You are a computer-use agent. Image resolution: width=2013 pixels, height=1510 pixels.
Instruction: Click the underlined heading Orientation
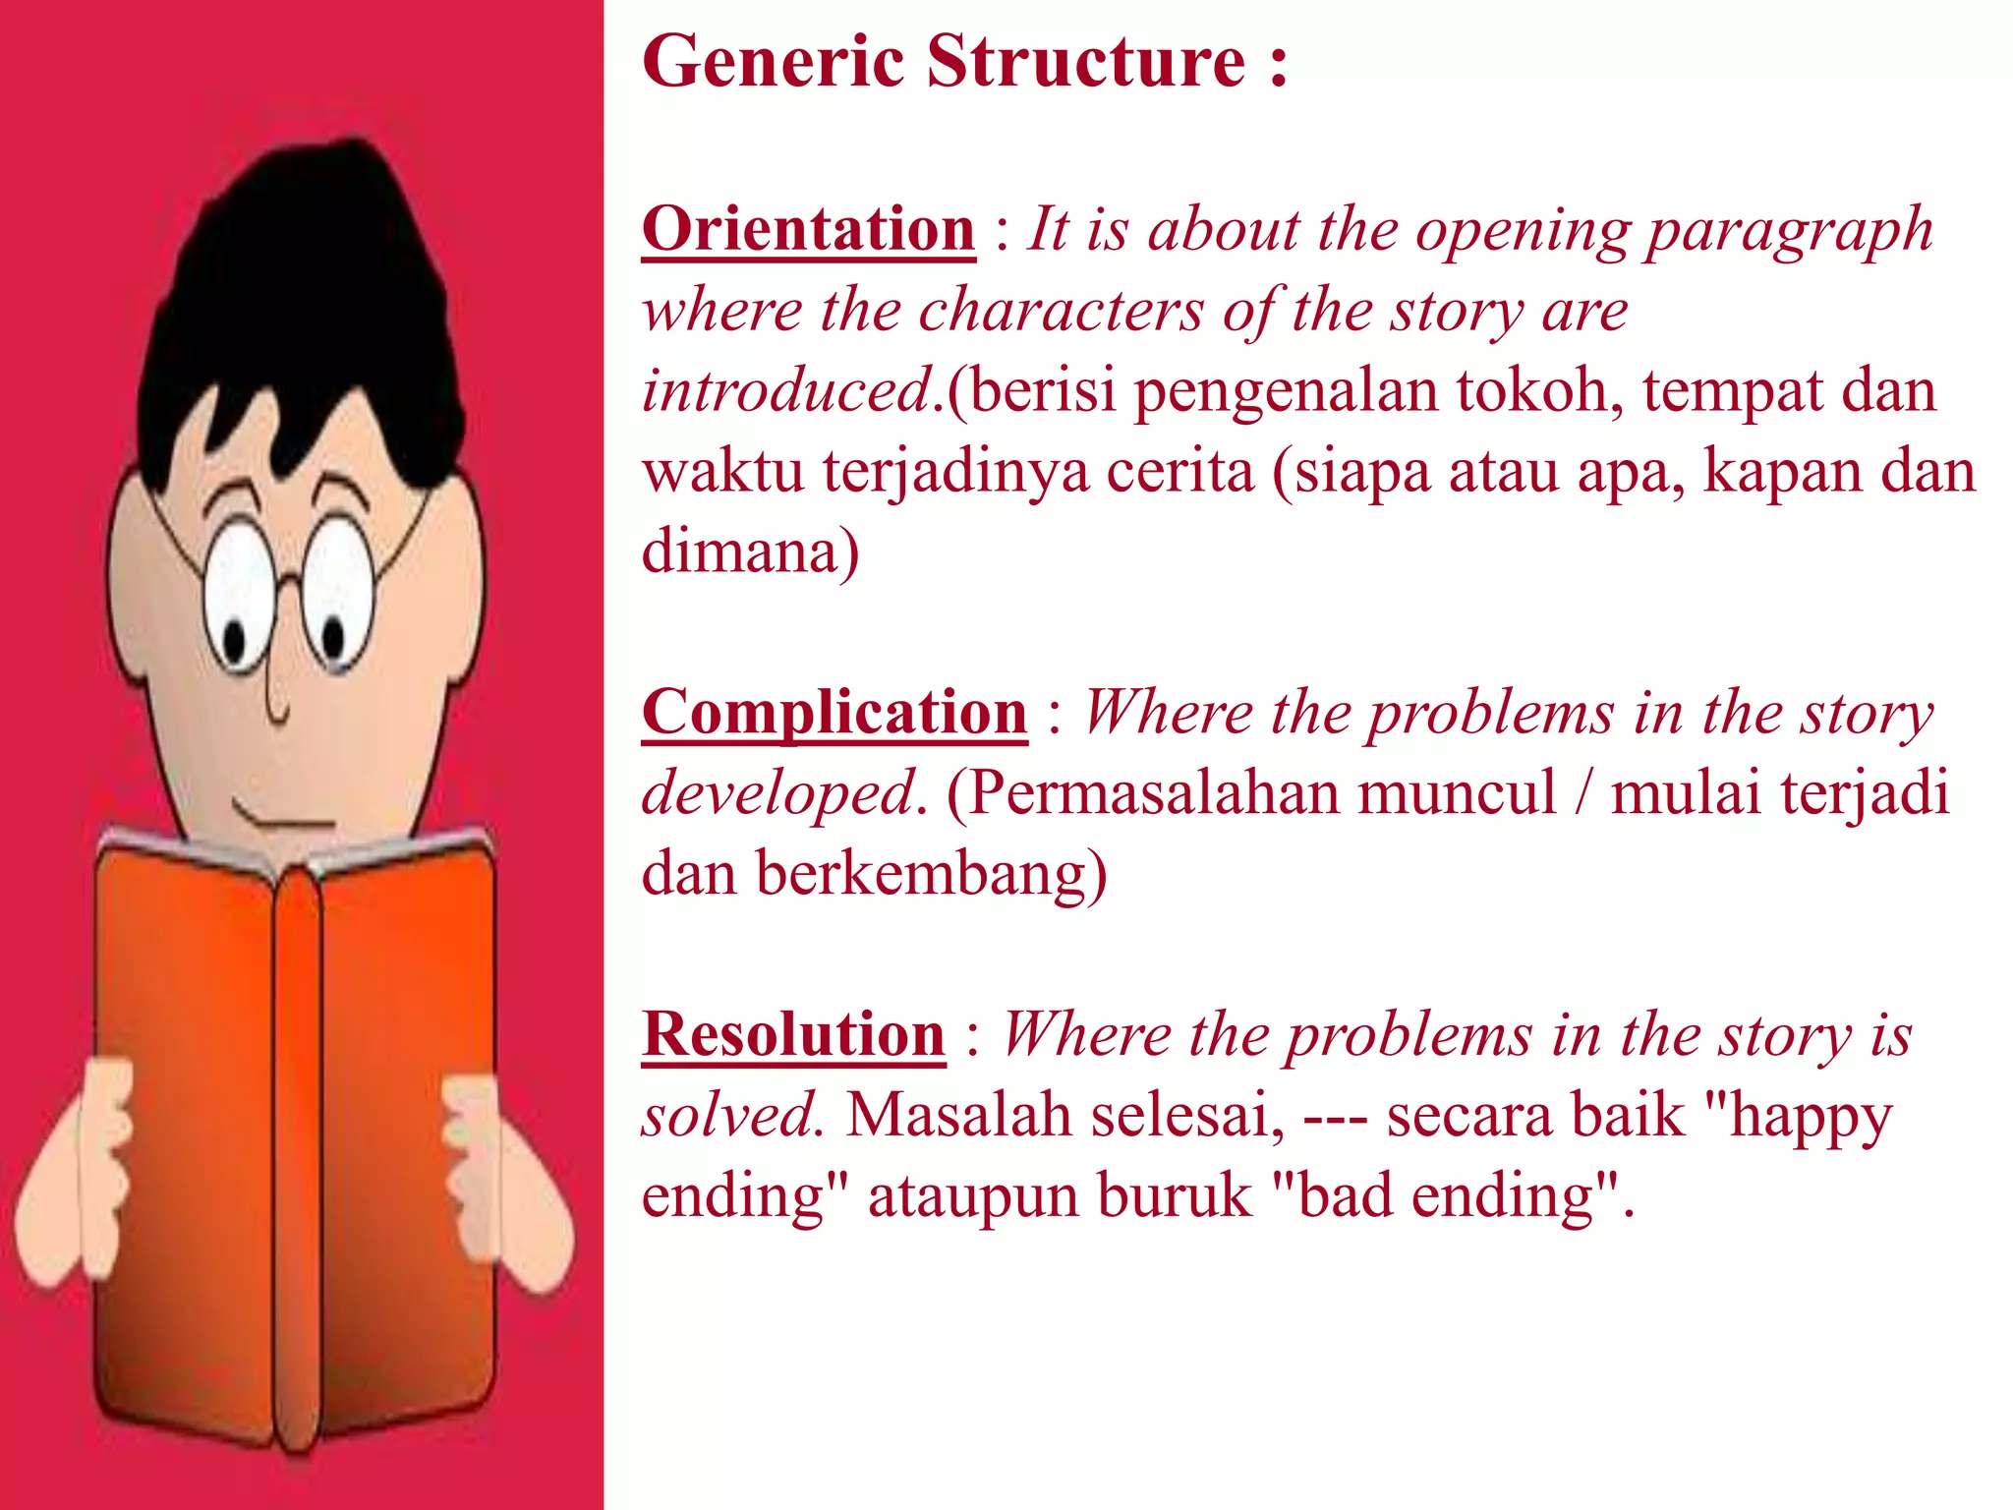point(808,229)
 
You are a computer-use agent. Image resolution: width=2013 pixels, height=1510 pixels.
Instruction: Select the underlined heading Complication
point(834,712)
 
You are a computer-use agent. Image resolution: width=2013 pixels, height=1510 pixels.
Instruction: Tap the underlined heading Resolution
point(793,1034)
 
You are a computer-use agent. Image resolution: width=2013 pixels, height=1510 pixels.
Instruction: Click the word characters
point(1062,311)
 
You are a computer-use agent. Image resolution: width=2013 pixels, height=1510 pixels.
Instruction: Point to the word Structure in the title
point(1086,61)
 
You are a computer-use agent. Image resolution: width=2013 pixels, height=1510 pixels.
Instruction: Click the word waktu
point(722,471)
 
